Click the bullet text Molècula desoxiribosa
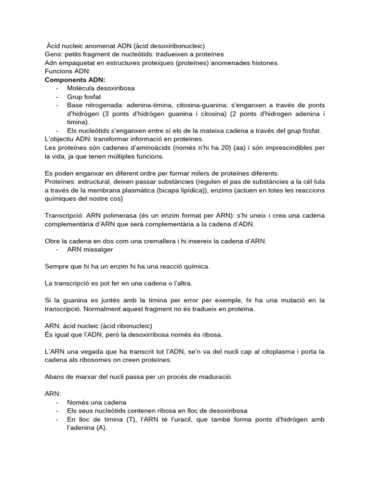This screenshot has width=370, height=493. click(x=101, y=89)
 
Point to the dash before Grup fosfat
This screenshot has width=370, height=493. click(x=58, y=97)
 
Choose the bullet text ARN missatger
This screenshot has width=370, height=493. click(x=90, y=249)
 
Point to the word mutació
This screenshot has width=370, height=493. click(x=282, y=300)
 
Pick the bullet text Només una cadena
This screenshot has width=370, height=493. click(x=97, y=402)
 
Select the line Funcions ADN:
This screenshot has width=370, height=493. click(x=64, y=71)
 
